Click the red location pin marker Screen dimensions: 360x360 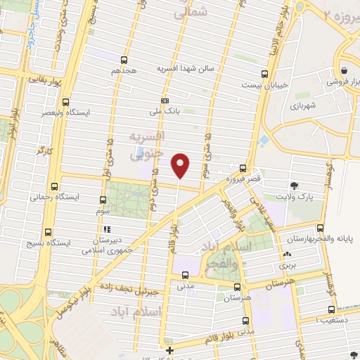click(181, 165)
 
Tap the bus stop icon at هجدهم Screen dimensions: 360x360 click(124, 60)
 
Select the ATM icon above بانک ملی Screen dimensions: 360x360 click(165, 101)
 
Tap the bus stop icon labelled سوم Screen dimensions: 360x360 click(103, 200)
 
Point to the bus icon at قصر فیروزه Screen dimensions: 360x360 click(243, 169)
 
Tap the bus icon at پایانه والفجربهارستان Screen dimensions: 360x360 click(321, 227)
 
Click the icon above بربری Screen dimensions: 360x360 click(287, 255)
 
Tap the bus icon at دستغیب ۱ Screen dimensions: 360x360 click(330, 309)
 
